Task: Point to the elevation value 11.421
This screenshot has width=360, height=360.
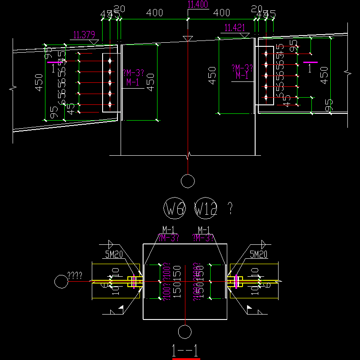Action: [234, 28]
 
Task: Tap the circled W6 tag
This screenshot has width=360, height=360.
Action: [173, 209]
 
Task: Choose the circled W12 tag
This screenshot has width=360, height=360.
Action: [207, 209]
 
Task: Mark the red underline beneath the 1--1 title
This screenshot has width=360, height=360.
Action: [186, 359]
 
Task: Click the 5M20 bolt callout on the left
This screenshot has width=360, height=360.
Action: [114, 255]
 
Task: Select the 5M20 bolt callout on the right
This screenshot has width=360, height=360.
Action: [259, 255]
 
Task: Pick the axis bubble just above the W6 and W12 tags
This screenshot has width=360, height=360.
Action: [188, 181]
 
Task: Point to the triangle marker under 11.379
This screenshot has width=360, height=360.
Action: [94, 41]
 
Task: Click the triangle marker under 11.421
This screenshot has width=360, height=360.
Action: [244, 34]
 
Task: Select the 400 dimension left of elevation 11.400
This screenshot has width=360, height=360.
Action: [154, 13]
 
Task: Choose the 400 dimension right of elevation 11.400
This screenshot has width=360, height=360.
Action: [221, 13]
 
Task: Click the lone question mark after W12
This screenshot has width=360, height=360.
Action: [230, 208]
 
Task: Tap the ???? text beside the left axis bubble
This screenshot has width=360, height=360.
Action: [75, 276]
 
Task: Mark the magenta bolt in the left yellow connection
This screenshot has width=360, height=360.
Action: [134, 282]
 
